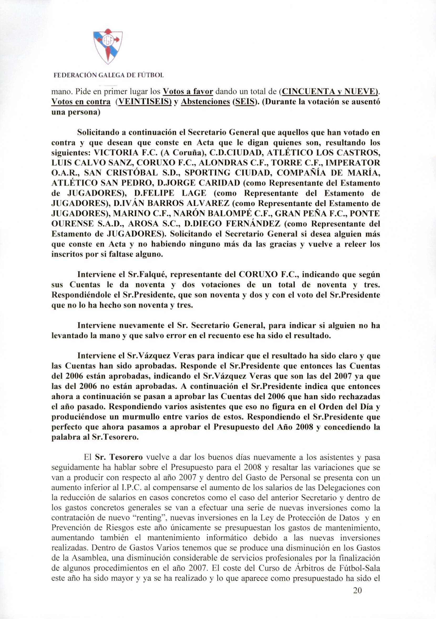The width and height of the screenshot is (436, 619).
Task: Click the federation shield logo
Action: (108, 47)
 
